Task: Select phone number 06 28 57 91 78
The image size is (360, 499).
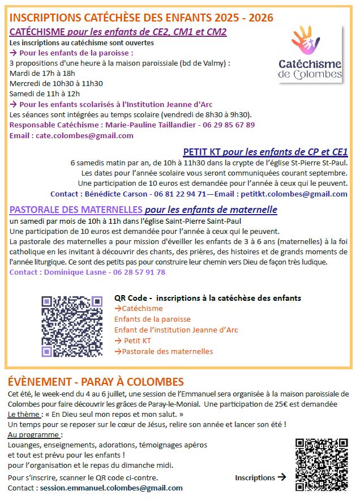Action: (137, 272)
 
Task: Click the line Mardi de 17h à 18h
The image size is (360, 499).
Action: (42, 73)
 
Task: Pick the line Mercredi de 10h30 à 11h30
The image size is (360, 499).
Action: (56, 83)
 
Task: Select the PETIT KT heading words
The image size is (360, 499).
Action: (202, 152)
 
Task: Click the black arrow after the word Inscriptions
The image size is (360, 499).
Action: (282, 477)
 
